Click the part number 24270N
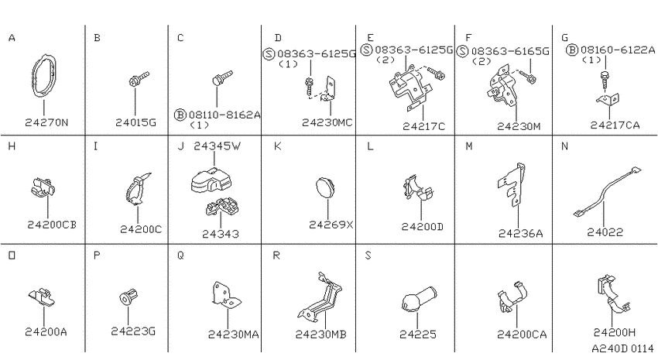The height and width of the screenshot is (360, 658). [x=46, y=122]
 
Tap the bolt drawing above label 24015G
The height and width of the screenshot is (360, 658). [x=139, y=78]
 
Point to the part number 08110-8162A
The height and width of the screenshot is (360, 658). [x=224, y=115]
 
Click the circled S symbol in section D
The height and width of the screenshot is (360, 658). [x=269, y=53]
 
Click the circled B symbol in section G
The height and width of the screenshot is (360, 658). [x=572, y=50]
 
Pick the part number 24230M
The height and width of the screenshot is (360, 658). [x=519, y=126]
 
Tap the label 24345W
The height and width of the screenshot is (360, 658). [x=217, y=146]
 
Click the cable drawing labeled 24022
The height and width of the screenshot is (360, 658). [x=607, y=192]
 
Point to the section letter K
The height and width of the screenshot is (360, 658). [x=277, y=146]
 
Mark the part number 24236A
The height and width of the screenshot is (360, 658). [x=520, y=234]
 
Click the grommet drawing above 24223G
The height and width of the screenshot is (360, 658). [x=128, y=297]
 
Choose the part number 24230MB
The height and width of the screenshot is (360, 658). [x=321, y=334]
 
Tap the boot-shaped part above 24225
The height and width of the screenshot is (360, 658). [x=418, y=300]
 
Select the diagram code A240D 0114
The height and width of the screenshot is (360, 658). [x=622, y=348]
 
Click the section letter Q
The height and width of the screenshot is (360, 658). [x=180, y=255]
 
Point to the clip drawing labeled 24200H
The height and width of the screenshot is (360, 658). [x=612, y=293]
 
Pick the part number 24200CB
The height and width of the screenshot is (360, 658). [x=52, y=225]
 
